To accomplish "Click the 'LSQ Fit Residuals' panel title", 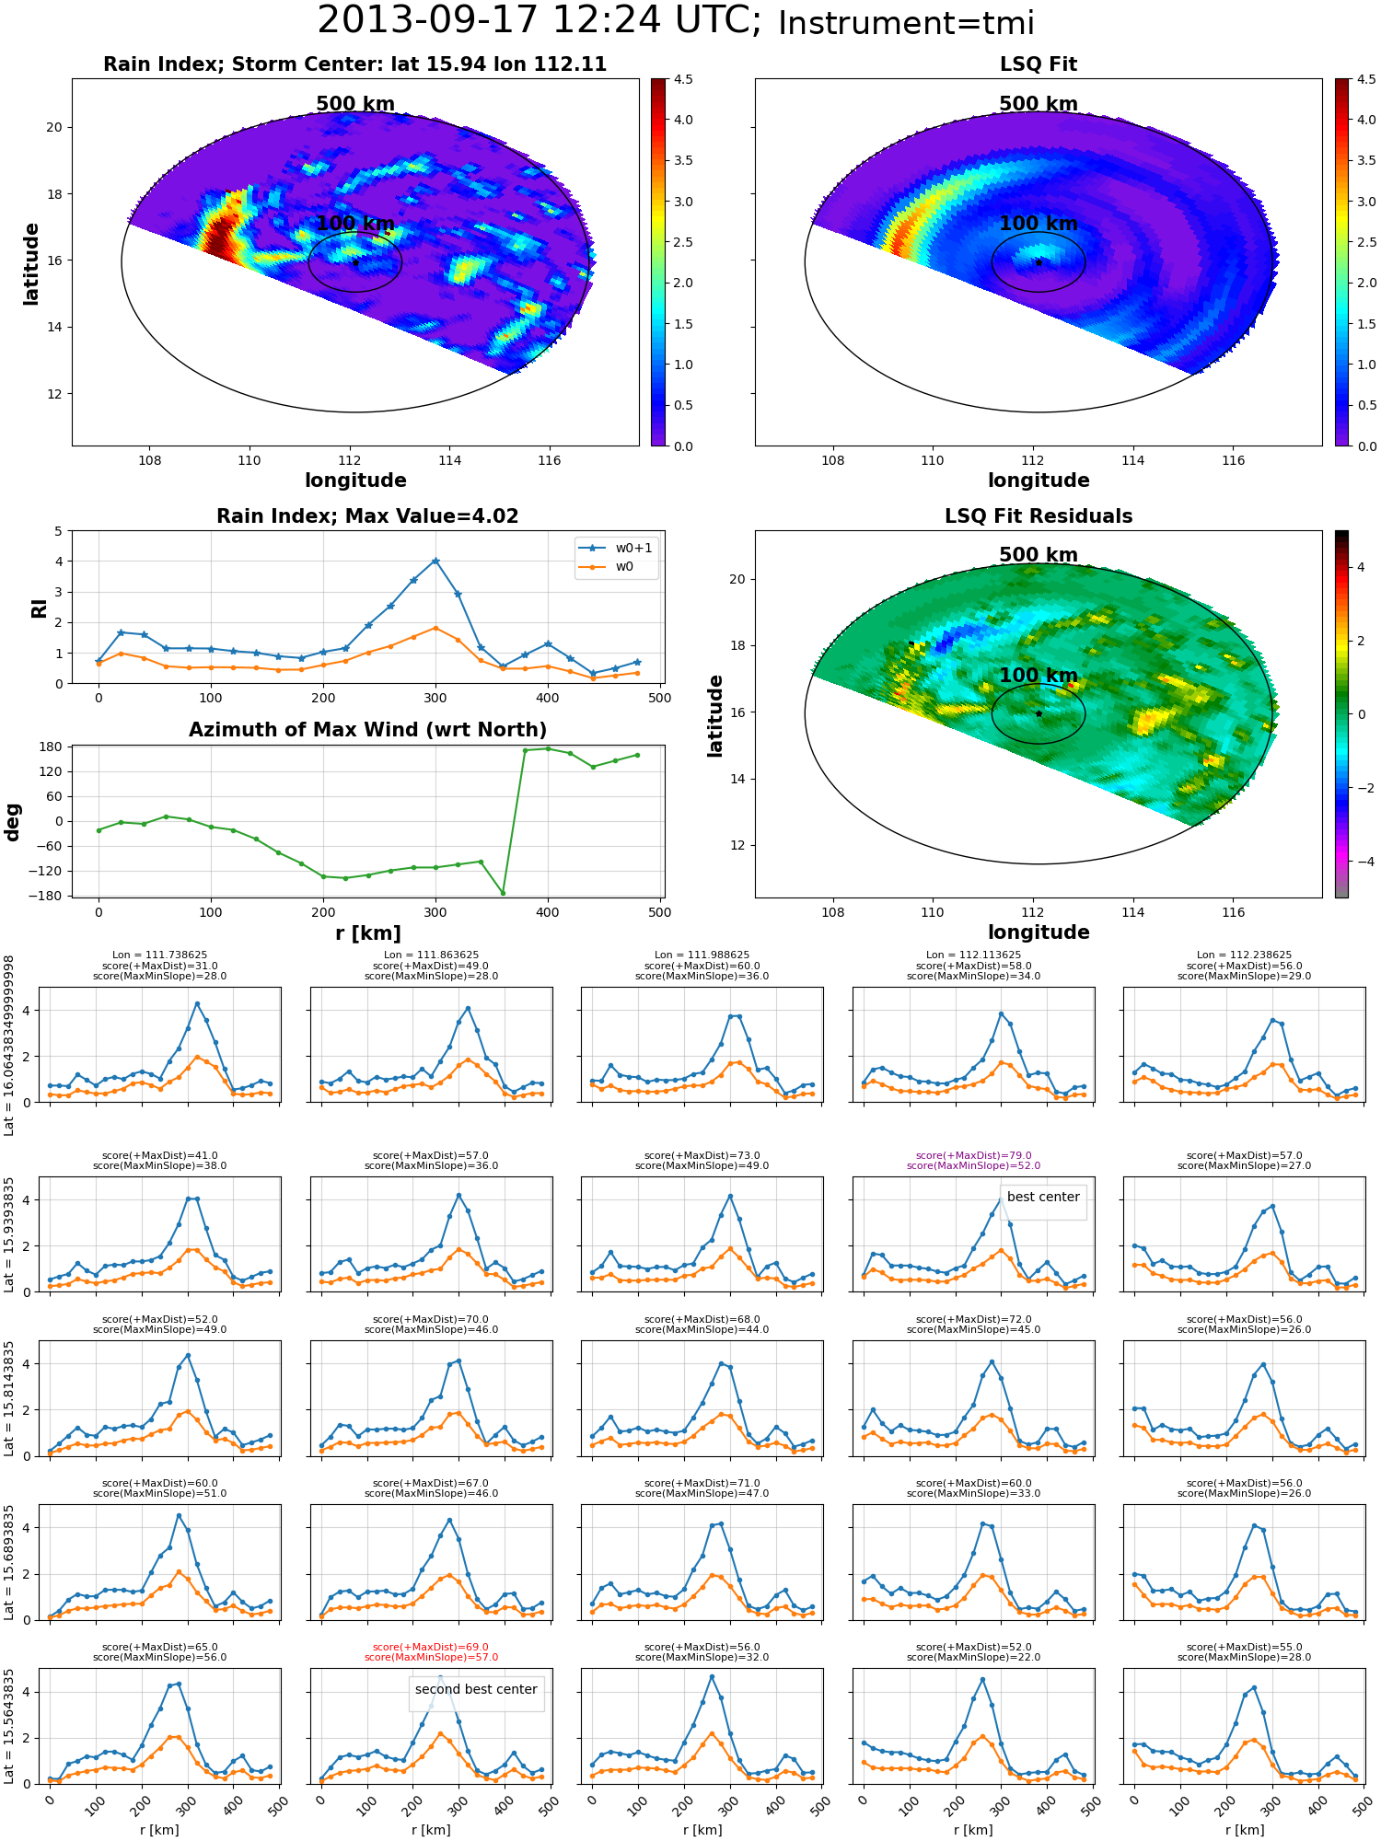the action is click(1039, 516).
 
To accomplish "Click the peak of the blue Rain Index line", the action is click(435, 561).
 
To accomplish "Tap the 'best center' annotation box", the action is click(1043, 1197).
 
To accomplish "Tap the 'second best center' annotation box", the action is click(476, 1689).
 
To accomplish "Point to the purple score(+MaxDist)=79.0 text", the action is click(973, 1155).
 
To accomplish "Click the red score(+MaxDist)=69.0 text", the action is click(431, 1647).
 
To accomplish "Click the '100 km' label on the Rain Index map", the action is click(355, 224).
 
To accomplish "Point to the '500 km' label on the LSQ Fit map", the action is click(1039, 104).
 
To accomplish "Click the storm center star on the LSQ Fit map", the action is click(1039, 262).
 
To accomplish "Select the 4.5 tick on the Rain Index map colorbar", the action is click(683, 79).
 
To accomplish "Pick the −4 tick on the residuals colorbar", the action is click(1360, 862).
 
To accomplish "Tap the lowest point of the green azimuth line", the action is click(503, 892).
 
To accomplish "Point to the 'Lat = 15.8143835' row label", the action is click(9, 1398).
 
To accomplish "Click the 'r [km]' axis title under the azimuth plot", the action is click(368, 933).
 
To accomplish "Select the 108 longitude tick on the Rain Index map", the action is click(149, 460).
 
